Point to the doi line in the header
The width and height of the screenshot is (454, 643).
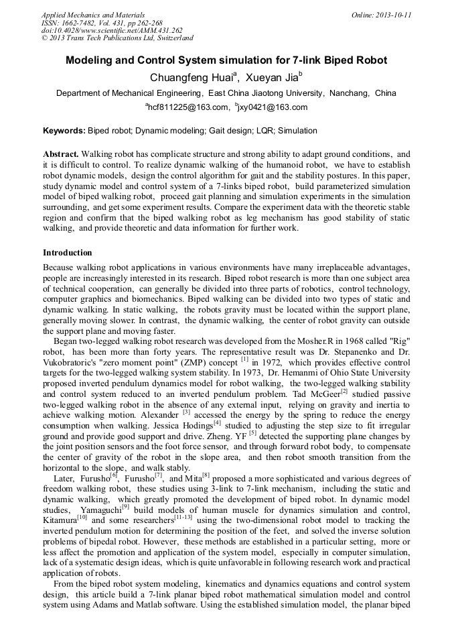pyautogui.click(x=112, y=30)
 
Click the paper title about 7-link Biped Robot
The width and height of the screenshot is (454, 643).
pyautogui.click(x=226, y=60)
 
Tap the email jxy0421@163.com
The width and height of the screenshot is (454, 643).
pyautogui.click(x=273, y=107)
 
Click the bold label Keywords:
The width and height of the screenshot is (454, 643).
pyautogui.click(x=64, y=131)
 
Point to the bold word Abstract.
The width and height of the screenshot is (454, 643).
pyautogui.click(x=61, y=154)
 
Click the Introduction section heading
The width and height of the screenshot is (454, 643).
pyautogui.click(x=67, y=253)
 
